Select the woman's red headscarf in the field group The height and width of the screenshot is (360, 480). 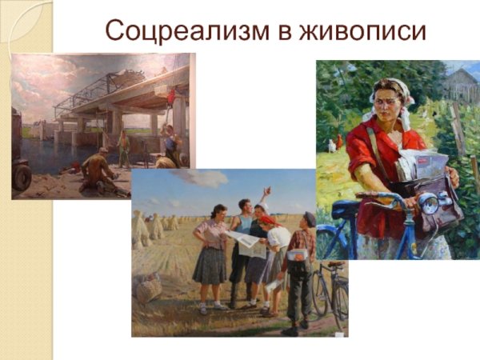[x=267, y=220]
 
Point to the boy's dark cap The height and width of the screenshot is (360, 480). [x=310, y=217]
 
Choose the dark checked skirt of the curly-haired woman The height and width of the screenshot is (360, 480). [x=210, y=266]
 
